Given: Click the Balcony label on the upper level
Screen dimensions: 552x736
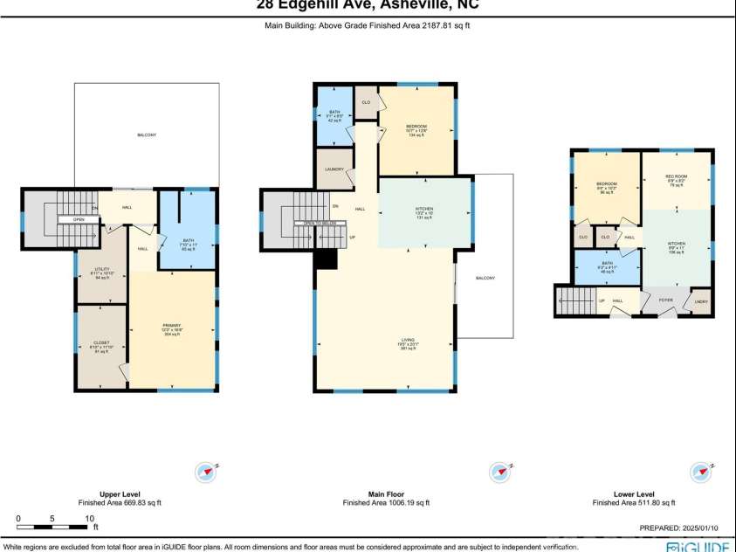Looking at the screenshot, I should (146, 135).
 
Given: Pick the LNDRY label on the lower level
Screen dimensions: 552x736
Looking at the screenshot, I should (701, 302).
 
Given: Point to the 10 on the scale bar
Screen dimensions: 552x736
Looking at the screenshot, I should (89, 519).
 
